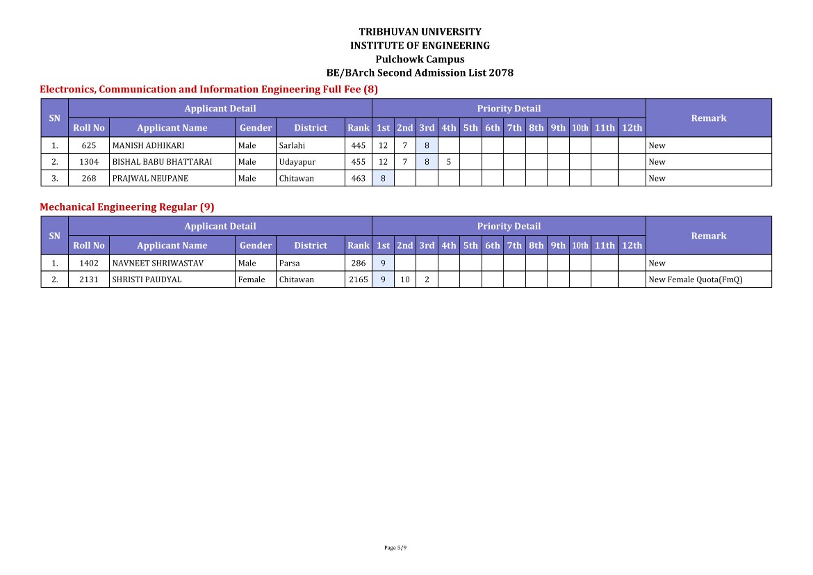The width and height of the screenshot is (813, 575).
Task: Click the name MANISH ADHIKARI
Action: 148,146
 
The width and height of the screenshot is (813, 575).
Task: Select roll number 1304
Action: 89,162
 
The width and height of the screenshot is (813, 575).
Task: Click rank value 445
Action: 359,146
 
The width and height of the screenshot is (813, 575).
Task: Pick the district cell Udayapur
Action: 297,162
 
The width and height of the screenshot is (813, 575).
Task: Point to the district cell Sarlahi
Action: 292,146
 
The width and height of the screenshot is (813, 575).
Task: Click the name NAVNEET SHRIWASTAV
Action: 158,264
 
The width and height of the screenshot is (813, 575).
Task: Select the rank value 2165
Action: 359,280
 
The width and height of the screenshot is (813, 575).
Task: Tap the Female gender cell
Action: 252,280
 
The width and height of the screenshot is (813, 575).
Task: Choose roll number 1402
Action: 89,264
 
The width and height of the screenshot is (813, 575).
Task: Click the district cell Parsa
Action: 289,264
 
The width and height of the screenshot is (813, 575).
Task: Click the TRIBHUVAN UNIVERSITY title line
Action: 420,32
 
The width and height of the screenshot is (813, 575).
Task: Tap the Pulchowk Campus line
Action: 420,59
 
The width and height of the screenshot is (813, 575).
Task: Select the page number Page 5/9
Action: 395,548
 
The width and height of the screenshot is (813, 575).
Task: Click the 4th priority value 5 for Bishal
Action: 449,162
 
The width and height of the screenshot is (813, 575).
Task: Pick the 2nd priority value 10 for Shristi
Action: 405,280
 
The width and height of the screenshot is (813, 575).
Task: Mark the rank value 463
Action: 359,179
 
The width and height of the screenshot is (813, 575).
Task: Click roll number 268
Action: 89,179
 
